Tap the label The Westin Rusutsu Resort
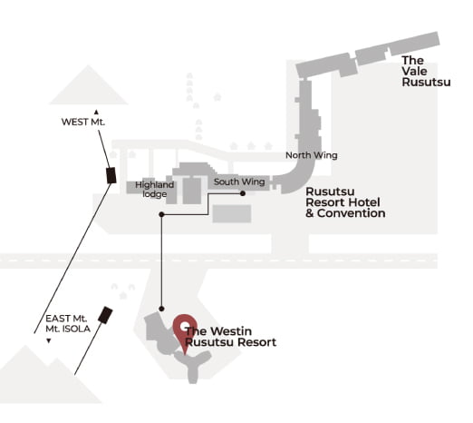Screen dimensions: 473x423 pos(231,337)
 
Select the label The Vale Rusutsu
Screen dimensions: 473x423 pos(426,71)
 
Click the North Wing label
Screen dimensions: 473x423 pos(312,155)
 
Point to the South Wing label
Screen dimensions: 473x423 pos(239,182)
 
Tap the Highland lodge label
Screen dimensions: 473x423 pos(154,189)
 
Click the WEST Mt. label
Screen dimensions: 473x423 pos(83,122)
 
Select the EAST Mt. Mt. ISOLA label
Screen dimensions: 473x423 pos(68,323)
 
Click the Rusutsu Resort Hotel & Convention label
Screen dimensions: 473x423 pos(345,202)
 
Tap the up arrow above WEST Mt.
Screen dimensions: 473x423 pos(96,113)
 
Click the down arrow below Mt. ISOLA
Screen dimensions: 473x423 pos(48,341)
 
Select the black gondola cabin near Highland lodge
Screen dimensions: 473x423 pos(111,175)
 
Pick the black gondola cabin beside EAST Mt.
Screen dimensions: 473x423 pos(105,315)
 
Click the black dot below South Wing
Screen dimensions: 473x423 pos(243,193)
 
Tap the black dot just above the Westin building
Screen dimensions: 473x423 pos(161,309)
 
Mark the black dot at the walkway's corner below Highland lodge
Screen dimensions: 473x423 pos(161,214)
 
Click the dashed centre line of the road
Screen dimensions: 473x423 pos(218,261)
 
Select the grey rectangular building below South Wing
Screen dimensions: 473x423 pos(232,213)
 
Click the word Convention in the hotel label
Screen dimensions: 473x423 pos(351,213)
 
